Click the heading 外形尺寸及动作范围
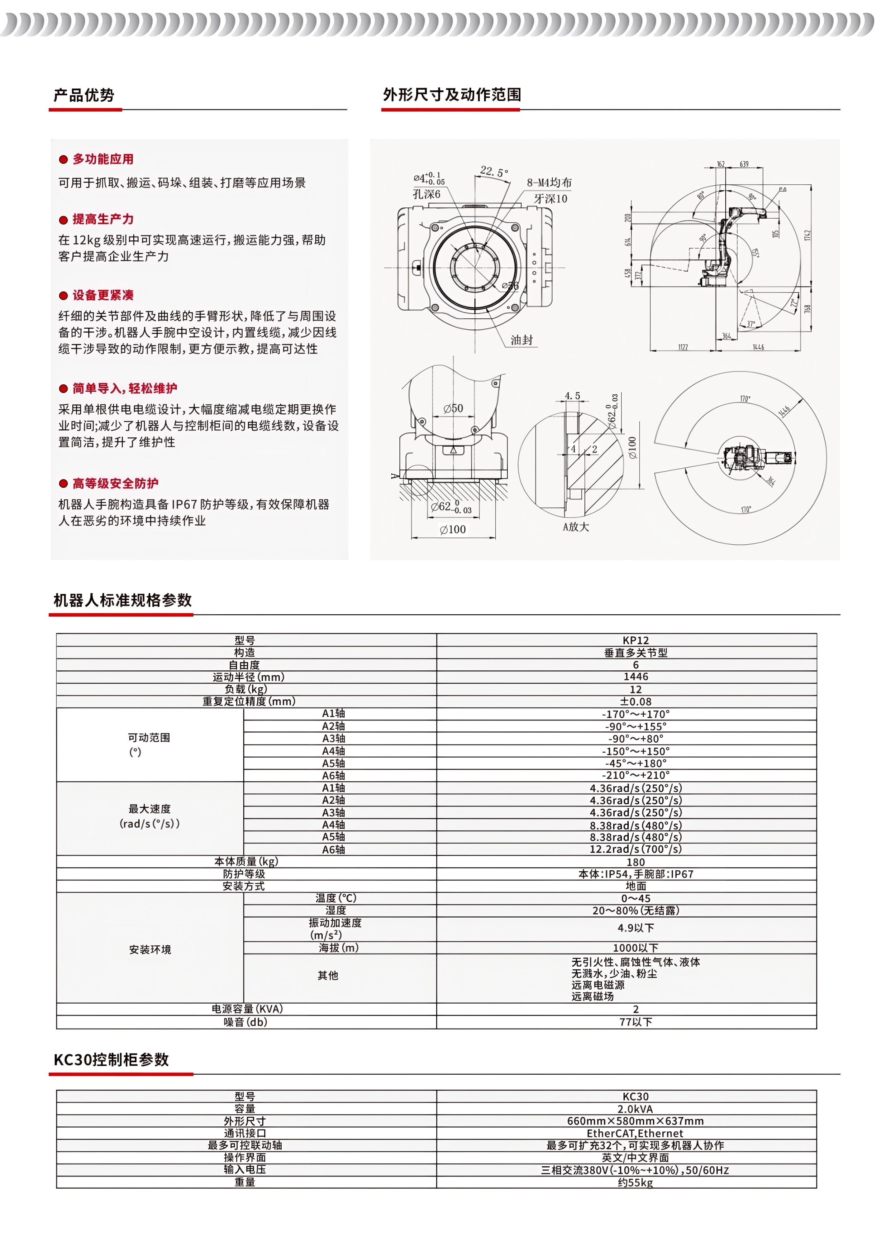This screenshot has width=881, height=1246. coord(452,95)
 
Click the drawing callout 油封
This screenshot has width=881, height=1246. coord(521,340)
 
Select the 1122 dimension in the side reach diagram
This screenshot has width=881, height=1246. coord(683,347)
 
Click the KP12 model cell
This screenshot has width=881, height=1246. coord(635,640)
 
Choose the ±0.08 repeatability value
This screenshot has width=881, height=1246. coord(635,702)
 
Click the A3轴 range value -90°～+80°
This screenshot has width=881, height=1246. coord(635,739)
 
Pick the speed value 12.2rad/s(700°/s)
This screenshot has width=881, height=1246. coord(635,849)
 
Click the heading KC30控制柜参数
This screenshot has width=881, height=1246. coord(111,1060)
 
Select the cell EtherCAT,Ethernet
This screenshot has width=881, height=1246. coord(635,1134)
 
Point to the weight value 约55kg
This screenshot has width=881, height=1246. coord(635,1182)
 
